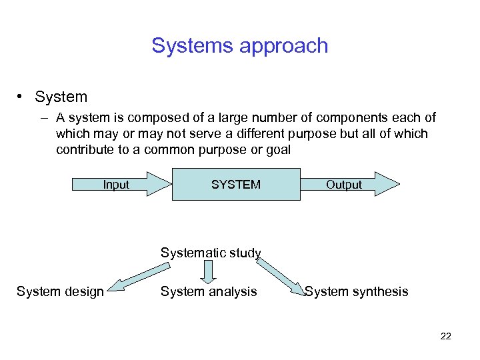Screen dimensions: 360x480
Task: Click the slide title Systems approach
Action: (239, 46)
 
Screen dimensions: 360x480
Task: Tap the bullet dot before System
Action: (22, 97)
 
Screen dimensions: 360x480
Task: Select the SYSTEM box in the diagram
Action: (236, 184)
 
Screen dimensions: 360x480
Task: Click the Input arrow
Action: (120, 184)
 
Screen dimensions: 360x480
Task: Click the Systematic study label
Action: (211, 253)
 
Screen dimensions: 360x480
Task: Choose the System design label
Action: (60, 291)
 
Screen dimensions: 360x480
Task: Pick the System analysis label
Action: (209, 291)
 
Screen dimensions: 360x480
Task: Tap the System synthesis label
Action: (356, 291)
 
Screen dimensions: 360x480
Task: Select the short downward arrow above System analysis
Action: (209, 271)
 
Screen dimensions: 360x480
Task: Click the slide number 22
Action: (446, 336)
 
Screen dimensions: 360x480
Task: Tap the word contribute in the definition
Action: (85, 149)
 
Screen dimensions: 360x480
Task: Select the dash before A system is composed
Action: (43, 118)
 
